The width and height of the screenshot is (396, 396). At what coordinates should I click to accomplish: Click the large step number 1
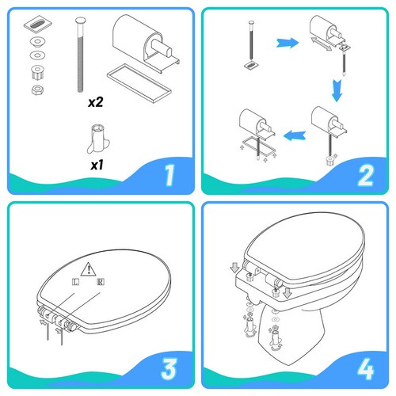[x=169, y=175]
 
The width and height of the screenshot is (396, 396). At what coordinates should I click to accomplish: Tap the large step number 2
[x=365, y=175]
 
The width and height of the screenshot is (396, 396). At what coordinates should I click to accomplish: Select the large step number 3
[x=169, y=369]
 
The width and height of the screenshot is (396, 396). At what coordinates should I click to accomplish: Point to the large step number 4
[x=366, y=369]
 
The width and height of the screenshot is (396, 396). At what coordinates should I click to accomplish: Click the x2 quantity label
[x=96, y=102]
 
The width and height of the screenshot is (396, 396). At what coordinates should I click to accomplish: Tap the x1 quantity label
[x=97, y=165]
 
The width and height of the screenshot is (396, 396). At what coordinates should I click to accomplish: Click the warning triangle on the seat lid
[x=89, y=269]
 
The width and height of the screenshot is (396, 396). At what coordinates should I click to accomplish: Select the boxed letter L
[x=75, y=282]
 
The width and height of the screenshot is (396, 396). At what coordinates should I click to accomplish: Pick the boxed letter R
[x=101, y=282]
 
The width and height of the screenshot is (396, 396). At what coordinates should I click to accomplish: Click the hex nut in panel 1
[x=37, y=89]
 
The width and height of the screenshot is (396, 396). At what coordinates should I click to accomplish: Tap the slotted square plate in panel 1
[x=38, y=25]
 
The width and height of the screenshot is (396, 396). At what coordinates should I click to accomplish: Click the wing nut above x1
[x=98, y=139]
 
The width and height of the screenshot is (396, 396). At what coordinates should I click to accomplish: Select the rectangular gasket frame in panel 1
[x=139, y=82]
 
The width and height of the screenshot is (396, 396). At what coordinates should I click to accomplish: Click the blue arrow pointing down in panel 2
[x=337, y=90]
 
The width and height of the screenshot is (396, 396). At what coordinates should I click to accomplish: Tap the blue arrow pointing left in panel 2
[x=295, y=135]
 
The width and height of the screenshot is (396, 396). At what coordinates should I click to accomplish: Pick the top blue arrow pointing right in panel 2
[x=287, y=43]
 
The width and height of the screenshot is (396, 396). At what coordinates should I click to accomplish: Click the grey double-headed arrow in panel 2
[x=321, y=44]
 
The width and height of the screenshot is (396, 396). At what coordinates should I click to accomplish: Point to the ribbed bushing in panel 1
[x=37, y=72]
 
